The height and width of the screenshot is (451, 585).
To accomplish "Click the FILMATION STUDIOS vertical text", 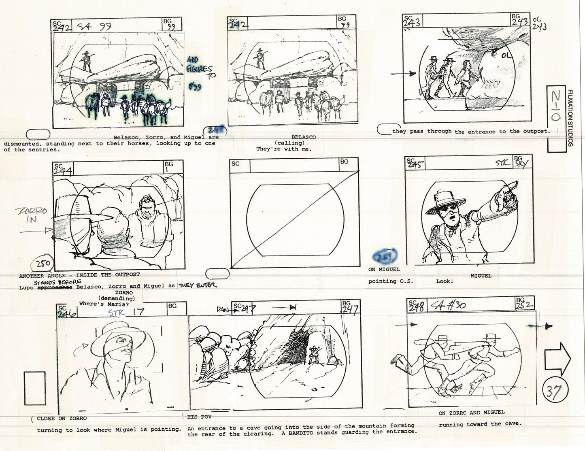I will click(570, 118).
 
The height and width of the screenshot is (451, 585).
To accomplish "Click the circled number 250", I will click(43, 264).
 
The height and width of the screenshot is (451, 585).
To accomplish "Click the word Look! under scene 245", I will click(445, 281).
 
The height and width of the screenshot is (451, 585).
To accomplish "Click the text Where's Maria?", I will click(96, 303).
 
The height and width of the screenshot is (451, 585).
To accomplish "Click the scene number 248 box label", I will click(416, 306).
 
